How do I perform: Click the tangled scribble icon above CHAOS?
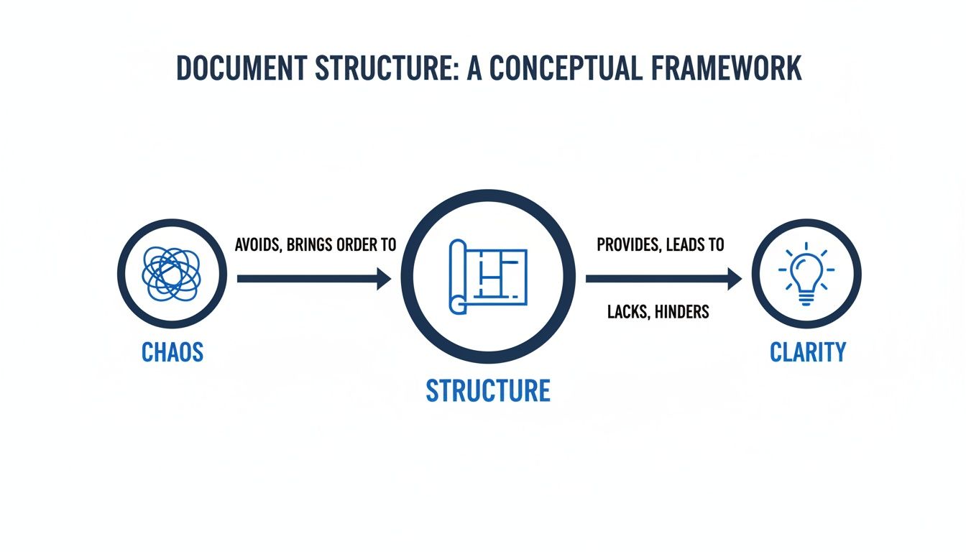[x=172, y=274]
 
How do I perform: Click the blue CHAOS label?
[x=172, y=352]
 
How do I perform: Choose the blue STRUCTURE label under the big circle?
[x=488, y=390]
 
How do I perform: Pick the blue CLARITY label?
[x=808, y=352]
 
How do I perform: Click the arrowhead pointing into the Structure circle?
[x=383, y=278]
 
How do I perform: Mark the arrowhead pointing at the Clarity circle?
[x=734, y=278]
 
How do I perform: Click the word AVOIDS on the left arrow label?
[x=257, y=244]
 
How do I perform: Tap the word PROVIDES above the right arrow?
[x=627, y=244]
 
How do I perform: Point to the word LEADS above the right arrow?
[x=686, y=244]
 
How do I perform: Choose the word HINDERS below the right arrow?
[x=682, y=311]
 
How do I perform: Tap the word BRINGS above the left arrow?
[x=305, y=244]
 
